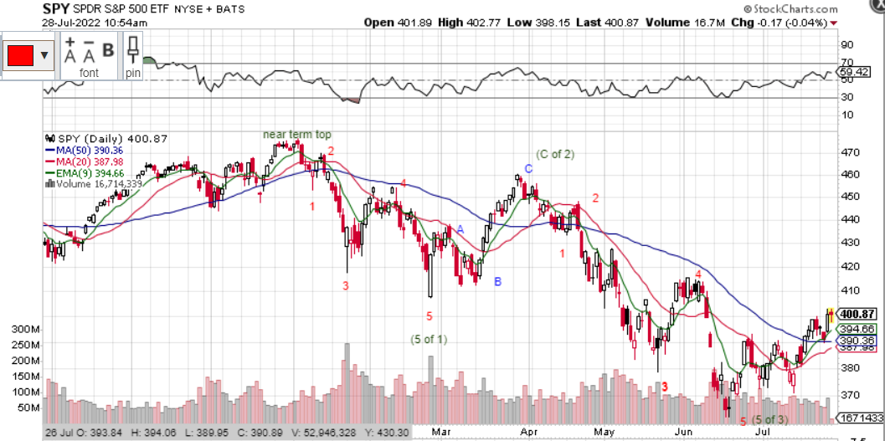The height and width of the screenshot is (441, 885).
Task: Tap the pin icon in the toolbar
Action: pyautogui.click(x=133, y=50)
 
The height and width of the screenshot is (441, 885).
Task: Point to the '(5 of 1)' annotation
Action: pyautogui.click(x=429, y=339)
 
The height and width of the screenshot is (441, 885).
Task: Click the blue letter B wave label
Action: pyautogui.click(x=497, y=282)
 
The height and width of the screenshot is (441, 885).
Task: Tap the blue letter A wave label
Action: pyautogui.click(x=460, y=229)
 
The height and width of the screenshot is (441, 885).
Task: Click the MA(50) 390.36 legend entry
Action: pyautogui.click(x=83, y=150)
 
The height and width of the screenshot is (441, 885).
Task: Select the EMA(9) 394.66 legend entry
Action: pyautogui.click(x=85, y=173)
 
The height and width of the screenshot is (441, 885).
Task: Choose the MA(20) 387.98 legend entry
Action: pyautogui.click(x=83, y=162)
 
